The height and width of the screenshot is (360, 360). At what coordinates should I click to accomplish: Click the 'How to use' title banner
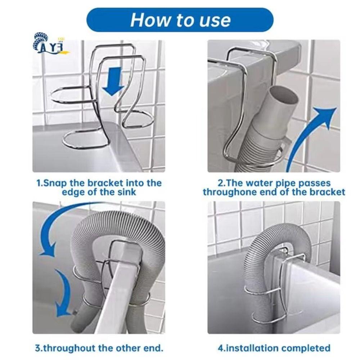[180, 20]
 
